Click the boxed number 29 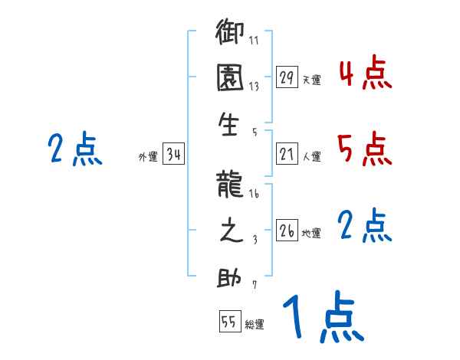(287, 77)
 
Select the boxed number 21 (287, 154)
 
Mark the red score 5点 (365, 149)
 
